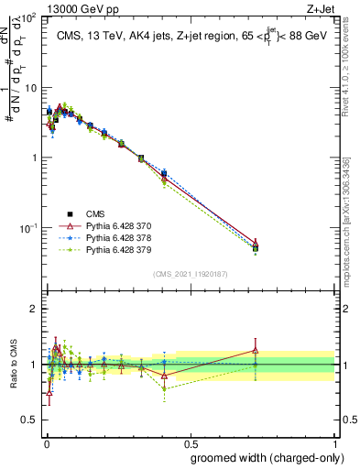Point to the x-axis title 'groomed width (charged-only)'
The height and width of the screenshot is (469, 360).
tap(262, 458)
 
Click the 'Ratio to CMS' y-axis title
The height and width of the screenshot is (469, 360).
tap(16, 365)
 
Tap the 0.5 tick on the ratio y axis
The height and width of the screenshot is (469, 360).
tap(30, 420)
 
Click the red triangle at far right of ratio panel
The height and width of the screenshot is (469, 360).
tap(256, 350)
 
